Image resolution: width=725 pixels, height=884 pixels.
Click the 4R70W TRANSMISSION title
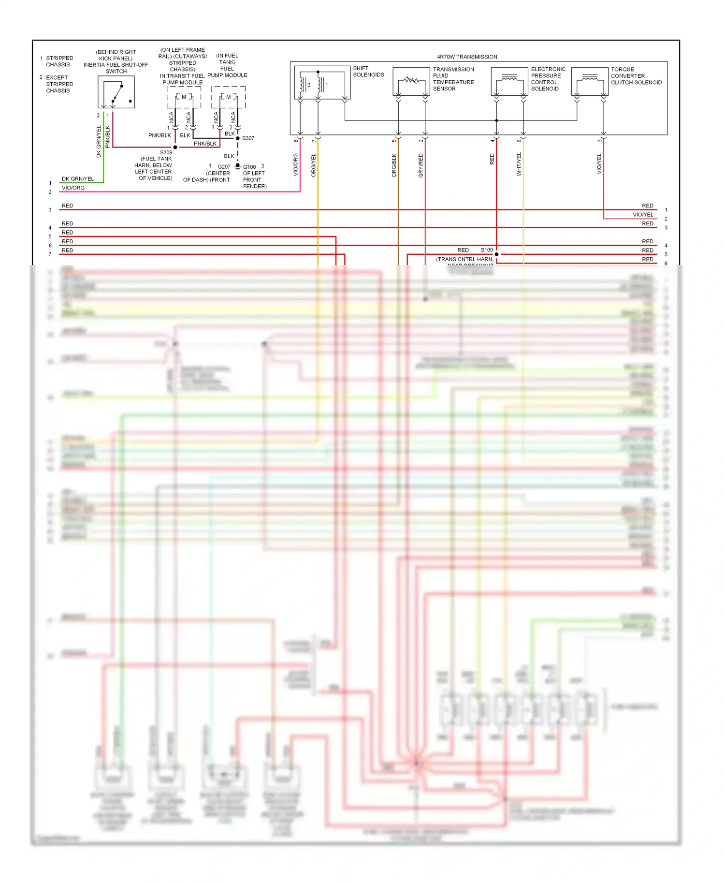(x=466, y=57)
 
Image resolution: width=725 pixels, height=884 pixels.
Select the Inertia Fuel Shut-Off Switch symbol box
(x=116, y=92)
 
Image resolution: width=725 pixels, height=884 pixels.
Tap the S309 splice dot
(x=175, y=147)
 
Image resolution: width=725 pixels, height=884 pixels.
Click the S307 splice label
(x=248, y=138)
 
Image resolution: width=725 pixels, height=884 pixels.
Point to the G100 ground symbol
(x=238, y=166)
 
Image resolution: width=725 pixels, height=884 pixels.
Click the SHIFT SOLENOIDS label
(x=368, y=72)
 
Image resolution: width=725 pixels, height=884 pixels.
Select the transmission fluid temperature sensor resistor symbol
(x=411, y=80)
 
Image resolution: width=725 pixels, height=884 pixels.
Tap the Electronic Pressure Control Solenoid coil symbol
(x=509, y=79)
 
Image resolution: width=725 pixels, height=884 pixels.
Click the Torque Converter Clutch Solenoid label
(x=636, y=76)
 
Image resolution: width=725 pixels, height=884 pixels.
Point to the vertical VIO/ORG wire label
(x=295, y=165)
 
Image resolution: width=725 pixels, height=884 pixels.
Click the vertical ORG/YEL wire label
(x=313, y=165)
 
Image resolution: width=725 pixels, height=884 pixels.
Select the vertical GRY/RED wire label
(x=420, y=165)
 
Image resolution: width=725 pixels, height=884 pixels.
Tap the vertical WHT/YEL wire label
(x=519, y=164)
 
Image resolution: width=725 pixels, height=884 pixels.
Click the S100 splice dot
(x=496, y=254)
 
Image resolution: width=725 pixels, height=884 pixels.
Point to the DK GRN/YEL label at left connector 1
(x=77, y=179)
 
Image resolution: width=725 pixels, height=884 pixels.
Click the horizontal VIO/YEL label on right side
(x=642, y=215)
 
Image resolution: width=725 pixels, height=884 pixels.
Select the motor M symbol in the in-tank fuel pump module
(x=228, y=97)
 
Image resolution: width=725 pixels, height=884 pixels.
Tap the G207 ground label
(x=224, y=167)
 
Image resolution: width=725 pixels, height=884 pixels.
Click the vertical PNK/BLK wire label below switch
(x=107, y=137)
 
